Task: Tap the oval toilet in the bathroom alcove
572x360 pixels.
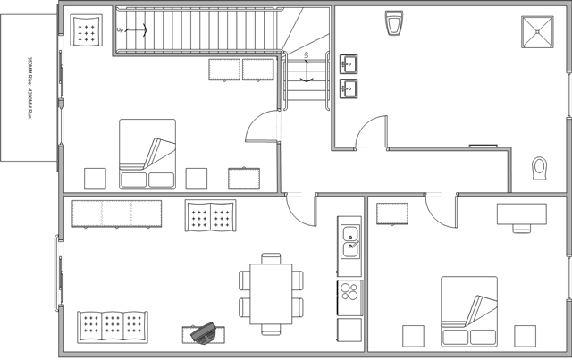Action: pyautogui.click(x=539, y=167)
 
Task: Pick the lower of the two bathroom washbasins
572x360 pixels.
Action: pyautogui.click(x=349, y=88)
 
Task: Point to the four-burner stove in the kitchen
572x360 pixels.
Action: pyautogui.click(x=349, y=290)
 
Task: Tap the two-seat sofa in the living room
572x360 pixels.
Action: pyautogui.click(x=211, y=216)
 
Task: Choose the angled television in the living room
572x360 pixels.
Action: pyautogui.click(x=206, y=331)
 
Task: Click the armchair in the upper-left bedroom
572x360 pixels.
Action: pyautogui.click(x=86, y=31)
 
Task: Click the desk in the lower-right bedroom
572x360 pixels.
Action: pyautogui.click(x=521, y=213)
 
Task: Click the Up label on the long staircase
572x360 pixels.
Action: pyautogui.click(x=121, y=29)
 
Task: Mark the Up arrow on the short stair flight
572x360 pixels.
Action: pyautogui.click(x=307, y=68)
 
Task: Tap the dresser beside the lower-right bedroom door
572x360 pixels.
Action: pyautogui.click(x=391, y=215)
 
